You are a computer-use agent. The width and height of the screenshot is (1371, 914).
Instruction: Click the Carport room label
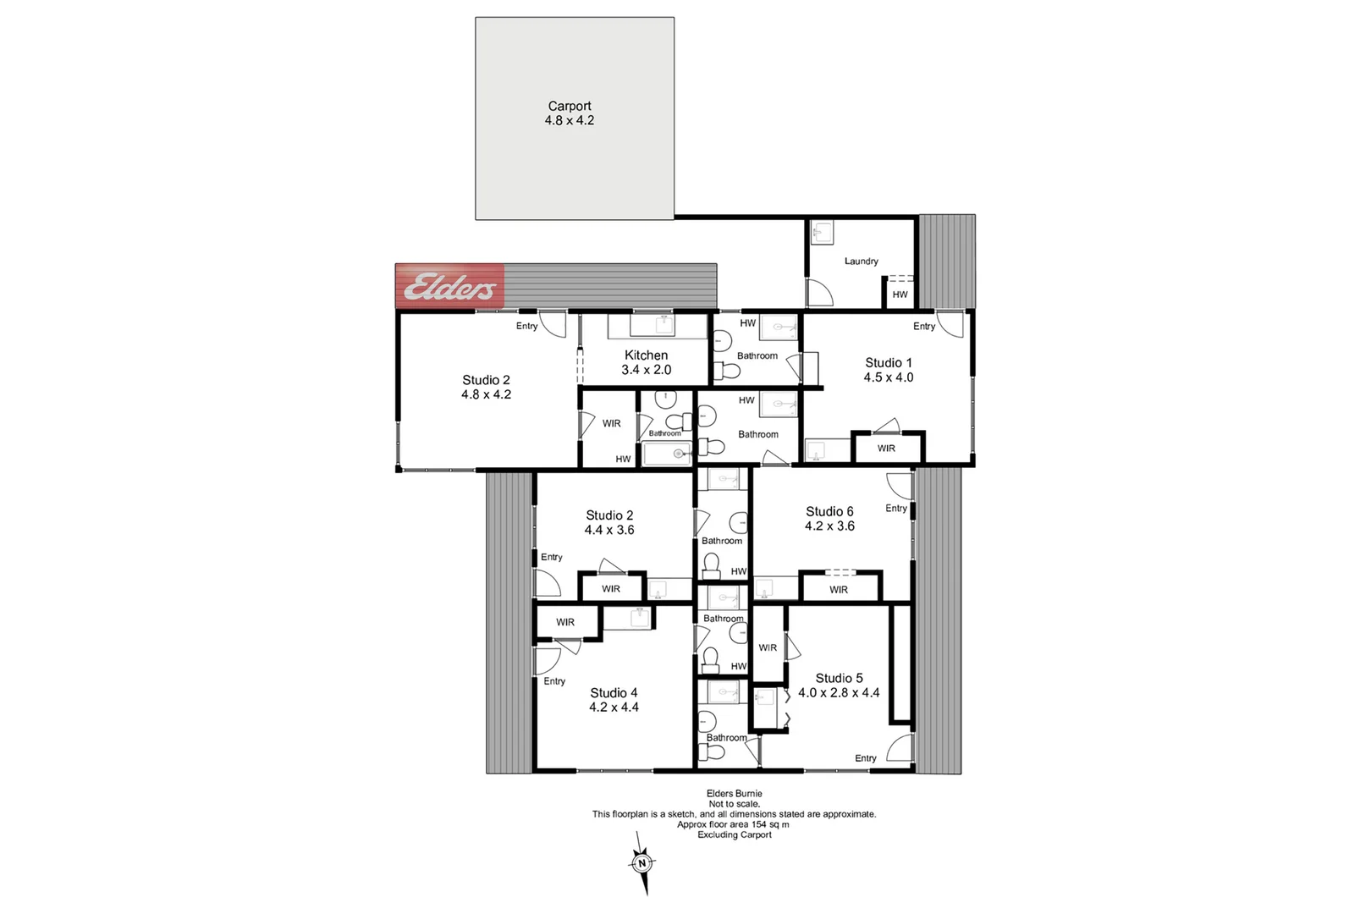click(x=570, y=106)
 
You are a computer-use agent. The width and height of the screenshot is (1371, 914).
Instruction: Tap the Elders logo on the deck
click(x=449, y=287)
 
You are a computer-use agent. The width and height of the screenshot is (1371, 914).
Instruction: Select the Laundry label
click(x=861, y=262)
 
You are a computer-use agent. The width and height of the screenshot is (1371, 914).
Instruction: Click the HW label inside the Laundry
click(x=900, y=295)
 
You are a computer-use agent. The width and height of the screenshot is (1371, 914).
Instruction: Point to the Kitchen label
click(x=646, y=355)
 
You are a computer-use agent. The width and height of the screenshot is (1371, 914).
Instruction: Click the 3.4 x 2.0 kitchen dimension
click(x=646, y=370)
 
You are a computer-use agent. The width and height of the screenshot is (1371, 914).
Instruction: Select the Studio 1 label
click(x=888, y=362)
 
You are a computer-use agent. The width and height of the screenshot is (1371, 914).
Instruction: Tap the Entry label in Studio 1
click(x=924, y=327)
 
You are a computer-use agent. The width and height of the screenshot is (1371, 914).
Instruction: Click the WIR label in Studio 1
click(x=886, y=449)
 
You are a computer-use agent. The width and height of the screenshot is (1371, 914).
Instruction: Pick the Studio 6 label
click(x=829, y=511)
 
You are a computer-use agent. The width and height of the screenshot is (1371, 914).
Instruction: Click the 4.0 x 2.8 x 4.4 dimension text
click(x=839, y=692)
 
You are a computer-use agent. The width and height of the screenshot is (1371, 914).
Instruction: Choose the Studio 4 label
click(x=614, y=692)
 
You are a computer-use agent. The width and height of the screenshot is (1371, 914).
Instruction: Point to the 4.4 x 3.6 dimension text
click(x=608, y=530)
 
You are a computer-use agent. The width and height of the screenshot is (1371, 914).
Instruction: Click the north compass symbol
click(x=642, y=863)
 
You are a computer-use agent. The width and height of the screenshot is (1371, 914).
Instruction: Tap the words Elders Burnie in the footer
click(x=734, y=794)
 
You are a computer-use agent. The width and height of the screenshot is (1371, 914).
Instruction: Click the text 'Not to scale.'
click(x=734, y=804)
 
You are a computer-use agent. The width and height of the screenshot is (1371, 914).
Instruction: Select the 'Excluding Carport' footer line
click(x=734, y=834)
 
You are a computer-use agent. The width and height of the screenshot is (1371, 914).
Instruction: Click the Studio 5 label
click(x=839, y=678)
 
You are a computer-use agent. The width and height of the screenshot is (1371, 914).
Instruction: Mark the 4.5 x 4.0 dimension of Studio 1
click(x=888, y=377)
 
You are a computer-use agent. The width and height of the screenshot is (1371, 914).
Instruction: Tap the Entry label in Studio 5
click(x=865, y=758)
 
